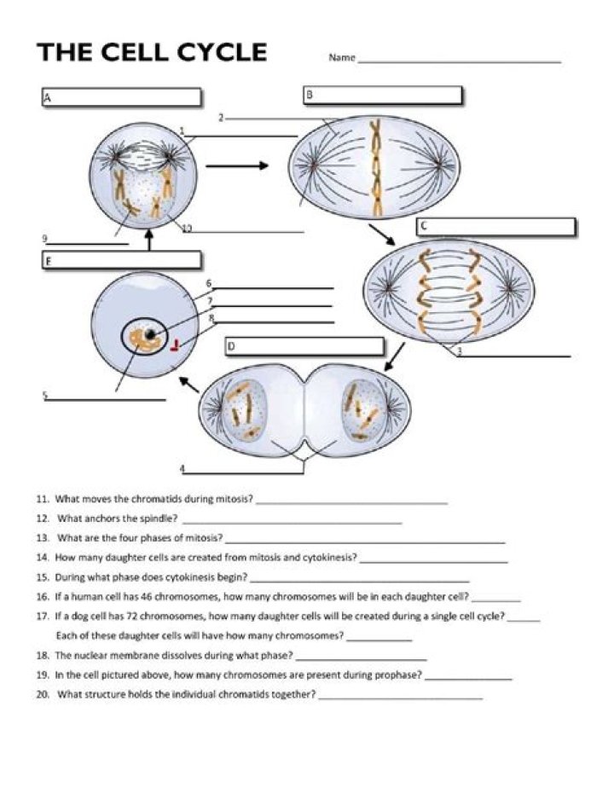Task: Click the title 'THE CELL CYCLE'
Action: point(152,52)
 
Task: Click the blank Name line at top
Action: point(460,61)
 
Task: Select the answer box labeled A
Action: point(121,97)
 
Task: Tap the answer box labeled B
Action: point(382,96)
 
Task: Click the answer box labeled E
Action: point(121,260)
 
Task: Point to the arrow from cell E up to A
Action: point(149,241)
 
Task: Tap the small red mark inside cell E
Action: point(175,345)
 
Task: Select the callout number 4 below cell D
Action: point(182,468)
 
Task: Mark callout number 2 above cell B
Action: point(220,117)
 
